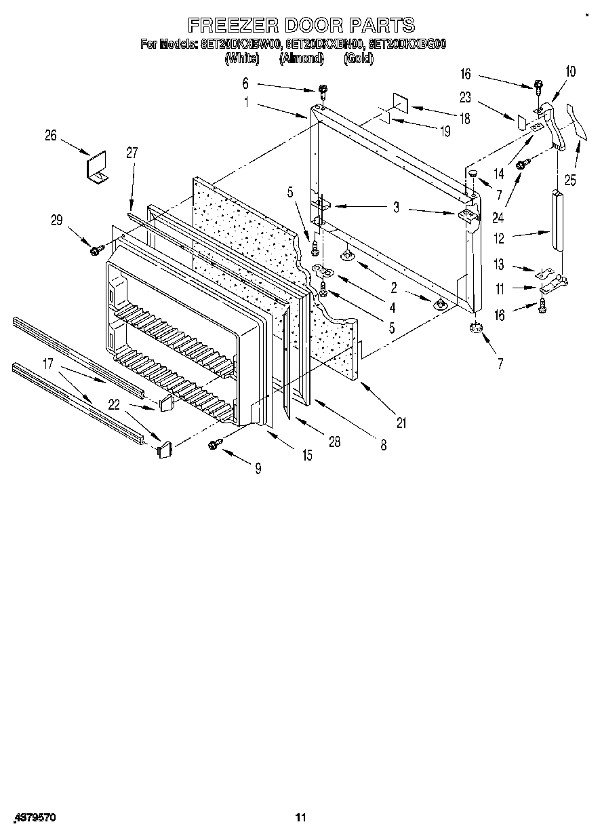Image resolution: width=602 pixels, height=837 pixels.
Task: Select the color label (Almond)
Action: point(301,59)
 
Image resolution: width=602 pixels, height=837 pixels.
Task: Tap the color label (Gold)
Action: point(358,59)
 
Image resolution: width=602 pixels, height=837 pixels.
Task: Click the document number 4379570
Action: point(35,818)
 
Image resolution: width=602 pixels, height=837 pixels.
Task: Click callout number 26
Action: point(51,135)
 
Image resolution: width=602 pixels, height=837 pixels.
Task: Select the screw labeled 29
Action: point(95,250)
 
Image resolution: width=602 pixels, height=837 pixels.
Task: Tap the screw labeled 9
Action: point(215,444)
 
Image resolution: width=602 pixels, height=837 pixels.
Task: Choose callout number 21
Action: point(401,423)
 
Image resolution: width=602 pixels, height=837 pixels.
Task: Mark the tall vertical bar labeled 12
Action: point(558,220)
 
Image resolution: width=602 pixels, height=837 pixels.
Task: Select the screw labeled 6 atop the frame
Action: point(323,90)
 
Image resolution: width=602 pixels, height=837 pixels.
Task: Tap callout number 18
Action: point(464,118)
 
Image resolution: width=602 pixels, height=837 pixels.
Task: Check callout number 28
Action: point(335,442)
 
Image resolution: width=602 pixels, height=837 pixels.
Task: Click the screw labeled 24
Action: point(523,164)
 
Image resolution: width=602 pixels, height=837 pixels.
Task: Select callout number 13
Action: point(500,266)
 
